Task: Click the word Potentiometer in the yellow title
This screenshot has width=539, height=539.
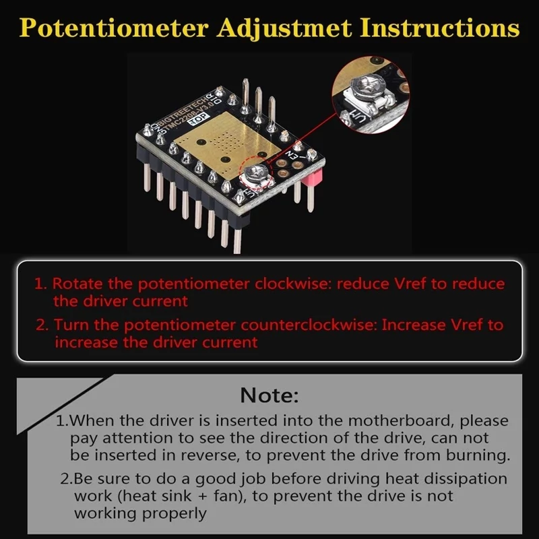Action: pyautogui.click(x=114, y=28)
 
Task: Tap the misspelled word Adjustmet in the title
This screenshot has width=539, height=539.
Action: pyautogui.click(x=284, y=28)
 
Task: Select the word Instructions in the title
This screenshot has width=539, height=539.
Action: pyautogui.click(x=440, y=28)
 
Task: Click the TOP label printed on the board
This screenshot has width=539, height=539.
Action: pyautogui.click(x=199, y=118)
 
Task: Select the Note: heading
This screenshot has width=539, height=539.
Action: pyautogui.click(x=269, y=395)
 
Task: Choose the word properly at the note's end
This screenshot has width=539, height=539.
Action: pyautogui.click(x=174, y=514)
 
